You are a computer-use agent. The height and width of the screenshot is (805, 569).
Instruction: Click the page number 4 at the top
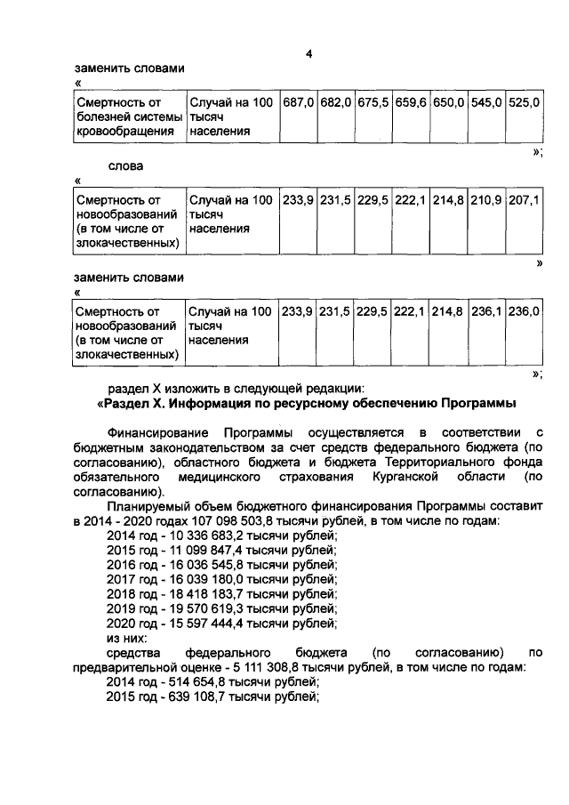[x=308, y=52]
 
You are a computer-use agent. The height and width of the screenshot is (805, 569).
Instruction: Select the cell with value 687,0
[x=298, y=103]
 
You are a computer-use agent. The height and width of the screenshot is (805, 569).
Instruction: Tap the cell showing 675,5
[x=373, y=103]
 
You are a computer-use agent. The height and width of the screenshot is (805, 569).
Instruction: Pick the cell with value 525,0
[x=524, y=103]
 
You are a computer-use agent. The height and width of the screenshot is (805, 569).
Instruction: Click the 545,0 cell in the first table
[x=486, y=103]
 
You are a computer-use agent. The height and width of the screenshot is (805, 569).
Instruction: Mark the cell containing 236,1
[x=486, y=312]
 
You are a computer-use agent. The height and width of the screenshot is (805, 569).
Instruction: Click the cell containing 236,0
[x=524, y=312]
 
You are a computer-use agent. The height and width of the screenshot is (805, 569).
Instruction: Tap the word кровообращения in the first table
[x=124, y=132]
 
